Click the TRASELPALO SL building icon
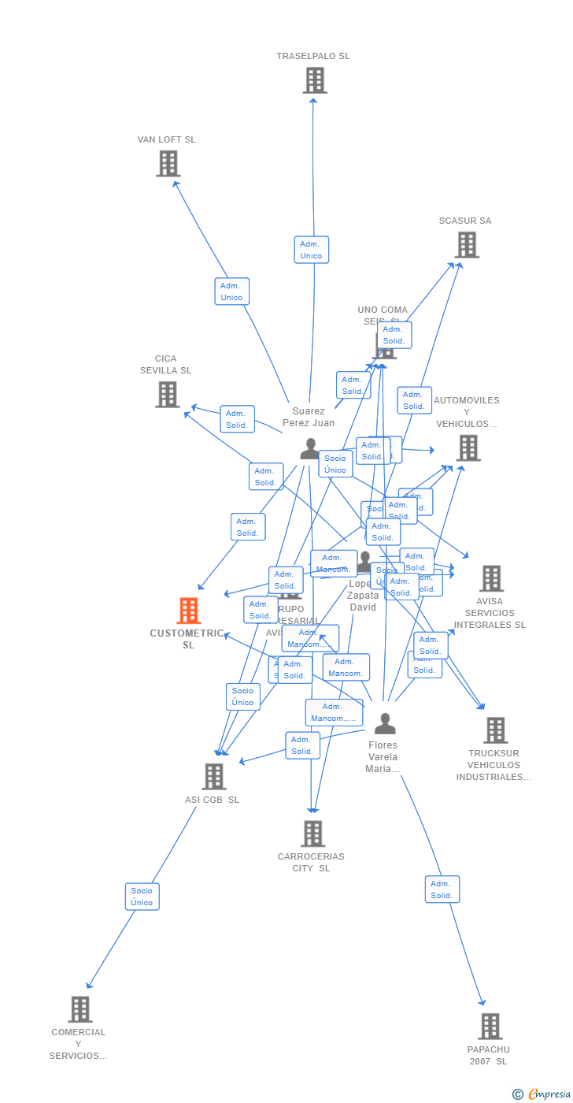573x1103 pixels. pos(314,80)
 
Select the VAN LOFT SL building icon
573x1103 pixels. pos(168,164)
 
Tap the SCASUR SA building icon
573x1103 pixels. pos(467,245)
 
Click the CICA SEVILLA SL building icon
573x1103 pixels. pos(167,395)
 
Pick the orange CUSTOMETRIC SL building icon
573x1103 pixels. pos(188,611)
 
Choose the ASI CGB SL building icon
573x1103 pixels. pos(213,777)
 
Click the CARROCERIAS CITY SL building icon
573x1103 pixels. pos(312,834)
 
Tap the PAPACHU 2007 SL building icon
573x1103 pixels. pos(490,1027)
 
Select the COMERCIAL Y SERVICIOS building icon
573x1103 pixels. pos(79,1009)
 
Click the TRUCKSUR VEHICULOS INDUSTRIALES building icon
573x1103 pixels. pos(495,730)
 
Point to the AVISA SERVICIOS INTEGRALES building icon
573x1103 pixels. pos(491,578)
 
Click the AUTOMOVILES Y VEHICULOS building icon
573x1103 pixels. pos(468,448)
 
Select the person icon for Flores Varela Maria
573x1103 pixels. pos(384,723)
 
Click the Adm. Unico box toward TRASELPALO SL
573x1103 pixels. pos(311,250)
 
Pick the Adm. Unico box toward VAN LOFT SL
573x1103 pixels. pos(231,292)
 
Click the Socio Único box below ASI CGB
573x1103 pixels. pos(142,897)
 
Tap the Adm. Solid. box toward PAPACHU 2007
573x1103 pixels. pos(442,889)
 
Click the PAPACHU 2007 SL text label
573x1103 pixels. pos(489,1055)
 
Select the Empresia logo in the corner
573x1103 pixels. pos(547,1094)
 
